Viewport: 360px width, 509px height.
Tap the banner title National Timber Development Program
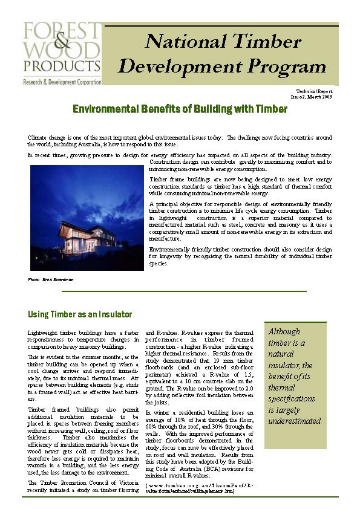[222, 54]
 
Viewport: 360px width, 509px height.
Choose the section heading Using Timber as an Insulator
[80, 314]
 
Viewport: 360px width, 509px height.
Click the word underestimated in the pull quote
[294, 421]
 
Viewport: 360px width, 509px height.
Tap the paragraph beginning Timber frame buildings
[240, 186]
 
